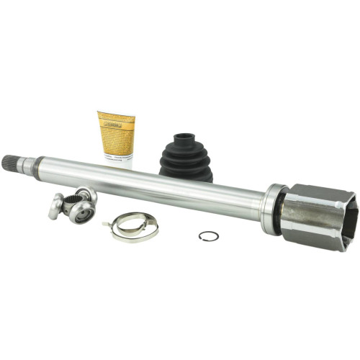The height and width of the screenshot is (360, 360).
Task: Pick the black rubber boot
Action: (x=185, y=157)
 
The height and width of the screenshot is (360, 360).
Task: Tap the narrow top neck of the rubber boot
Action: (x=185, y=138)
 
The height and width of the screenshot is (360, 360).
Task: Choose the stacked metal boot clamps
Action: (x=132, y=228)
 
